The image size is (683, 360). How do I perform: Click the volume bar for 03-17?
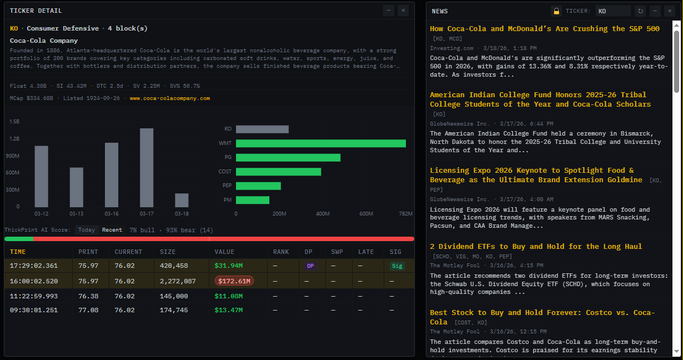click(147, 168)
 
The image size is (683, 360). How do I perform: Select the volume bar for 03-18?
click(182, 200)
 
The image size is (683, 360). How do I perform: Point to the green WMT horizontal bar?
click(320, 143)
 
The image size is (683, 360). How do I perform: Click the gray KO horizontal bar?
click(262, 129)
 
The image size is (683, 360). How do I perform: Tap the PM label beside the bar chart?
click(228, 200)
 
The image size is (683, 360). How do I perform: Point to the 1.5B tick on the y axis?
click(14, 121)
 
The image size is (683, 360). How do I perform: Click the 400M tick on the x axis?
click(323, 214)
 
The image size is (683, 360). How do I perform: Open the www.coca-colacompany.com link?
click(170, 98)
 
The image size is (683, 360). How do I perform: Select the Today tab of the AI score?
click(87, 230)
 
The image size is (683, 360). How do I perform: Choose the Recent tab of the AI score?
click(112, 230)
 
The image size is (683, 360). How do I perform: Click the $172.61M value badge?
click(234, 281)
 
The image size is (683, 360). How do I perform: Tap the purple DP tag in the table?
click(310, 266)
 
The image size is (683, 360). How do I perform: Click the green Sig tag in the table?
click(396, 266)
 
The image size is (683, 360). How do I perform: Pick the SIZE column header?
click(168, 252)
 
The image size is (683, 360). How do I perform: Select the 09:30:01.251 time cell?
click(33, 310)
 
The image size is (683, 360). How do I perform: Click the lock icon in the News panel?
click(556, 11)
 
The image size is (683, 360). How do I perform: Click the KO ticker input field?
click(612, 11)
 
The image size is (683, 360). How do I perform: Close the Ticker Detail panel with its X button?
click(403, 11)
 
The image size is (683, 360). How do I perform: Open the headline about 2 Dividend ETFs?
click(536, 246)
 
